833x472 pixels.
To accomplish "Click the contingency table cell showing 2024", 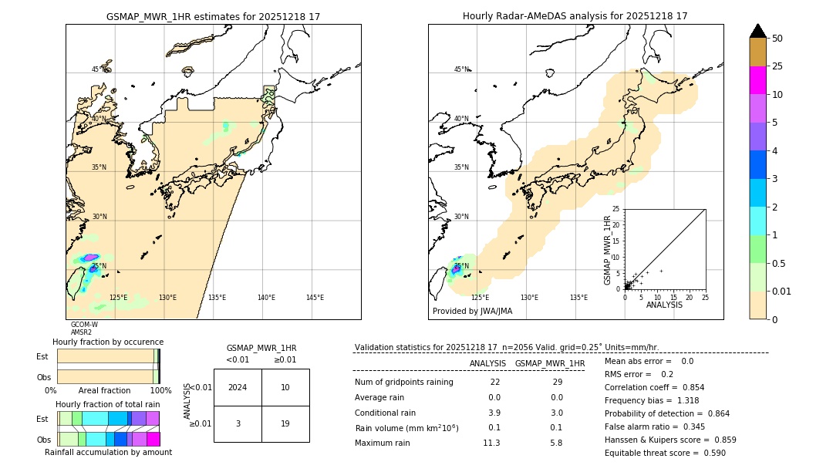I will tap(238, 387).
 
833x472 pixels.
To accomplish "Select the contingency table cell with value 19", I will tap(285, 423).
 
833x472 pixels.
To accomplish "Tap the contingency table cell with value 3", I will tap(238, 423).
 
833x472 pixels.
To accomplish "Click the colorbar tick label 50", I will tap(777, 39).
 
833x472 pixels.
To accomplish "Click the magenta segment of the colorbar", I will tap(758, 80).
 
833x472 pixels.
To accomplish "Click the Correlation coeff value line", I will tap(654, 387).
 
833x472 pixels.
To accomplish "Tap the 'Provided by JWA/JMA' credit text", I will tap(472, 312).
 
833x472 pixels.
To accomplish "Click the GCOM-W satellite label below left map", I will tap(84, 325).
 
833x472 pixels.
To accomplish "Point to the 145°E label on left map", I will tap(315, 298).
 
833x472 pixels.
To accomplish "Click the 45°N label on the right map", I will tap(461, 69).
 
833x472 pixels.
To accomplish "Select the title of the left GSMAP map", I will tap(213, 16).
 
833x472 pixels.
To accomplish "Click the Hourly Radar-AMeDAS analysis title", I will tap(575, 16).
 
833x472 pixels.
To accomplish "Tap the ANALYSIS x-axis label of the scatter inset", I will tap(664, 305).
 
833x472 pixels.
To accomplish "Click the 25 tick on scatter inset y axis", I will tap(616, 209).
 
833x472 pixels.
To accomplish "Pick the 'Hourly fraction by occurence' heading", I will tap(107, 342).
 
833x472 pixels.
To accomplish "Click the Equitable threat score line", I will tap(665, 453).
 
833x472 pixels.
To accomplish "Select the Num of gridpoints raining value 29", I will tap(558, 383).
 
